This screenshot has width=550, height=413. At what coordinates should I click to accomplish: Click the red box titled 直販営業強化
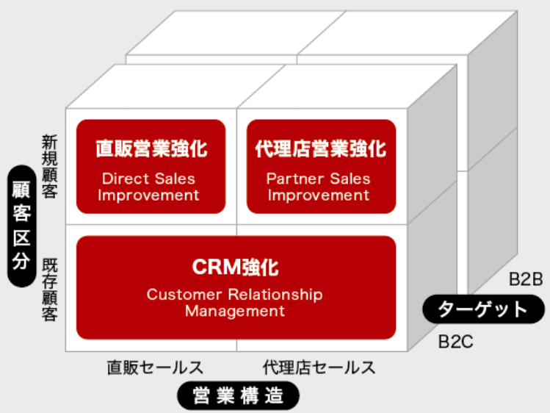pos(151,166)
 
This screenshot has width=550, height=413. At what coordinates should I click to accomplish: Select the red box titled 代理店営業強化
pos(322,166)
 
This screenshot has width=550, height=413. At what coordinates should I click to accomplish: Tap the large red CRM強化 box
pos(236,288)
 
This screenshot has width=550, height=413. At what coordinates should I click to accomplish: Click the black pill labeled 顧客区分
pos(22,226)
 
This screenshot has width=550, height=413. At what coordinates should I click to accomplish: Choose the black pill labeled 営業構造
pos(238,395)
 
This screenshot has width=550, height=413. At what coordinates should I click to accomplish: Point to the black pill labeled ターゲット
pos(484,309)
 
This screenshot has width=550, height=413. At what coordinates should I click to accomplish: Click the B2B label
pos(526,280)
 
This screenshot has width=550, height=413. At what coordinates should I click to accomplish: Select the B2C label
pos(456,342)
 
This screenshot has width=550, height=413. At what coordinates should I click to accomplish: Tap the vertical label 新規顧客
pos(49,166)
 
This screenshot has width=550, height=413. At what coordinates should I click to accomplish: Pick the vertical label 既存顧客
pos(49,290)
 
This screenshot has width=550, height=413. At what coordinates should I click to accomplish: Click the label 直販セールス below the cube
pos(155,367)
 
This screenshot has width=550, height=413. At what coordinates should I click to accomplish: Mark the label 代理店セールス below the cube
pos(319,367)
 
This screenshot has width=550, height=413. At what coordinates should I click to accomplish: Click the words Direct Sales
pos(148,179)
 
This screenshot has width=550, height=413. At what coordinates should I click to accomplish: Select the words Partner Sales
pos(318,179)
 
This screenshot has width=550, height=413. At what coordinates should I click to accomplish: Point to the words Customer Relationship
pos(234,294)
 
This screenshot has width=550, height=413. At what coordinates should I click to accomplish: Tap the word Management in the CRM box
pos(235,312)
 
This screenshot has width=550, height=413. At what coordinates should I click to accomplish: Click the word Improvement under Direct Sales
pos(148,195)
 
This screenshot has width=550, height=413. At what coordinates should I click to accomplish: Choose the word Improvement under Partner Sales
pos(319,195)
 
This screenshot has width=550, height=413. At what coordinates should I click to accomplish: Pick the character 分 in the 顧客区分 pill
pos(21,260)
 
